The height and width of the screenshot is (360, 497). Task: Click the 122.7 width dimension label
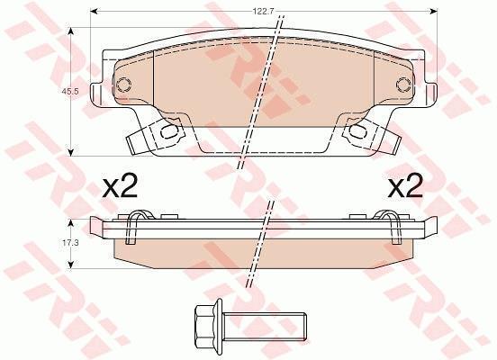(260, 12)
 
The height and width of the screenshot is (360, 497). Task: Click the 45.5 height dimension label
(68, 92)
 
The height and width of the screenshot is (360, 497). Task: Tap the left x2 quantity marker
(120, 186)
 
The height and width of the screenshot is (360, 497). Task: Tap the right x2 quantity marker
(405, 186)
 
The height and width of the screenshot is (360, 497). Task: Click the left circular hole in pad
(123, 85)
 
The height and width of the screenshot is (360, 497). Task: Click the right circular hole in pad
(403, 85)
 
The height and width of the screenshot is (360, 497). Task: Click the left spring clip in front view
(155, 135)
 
